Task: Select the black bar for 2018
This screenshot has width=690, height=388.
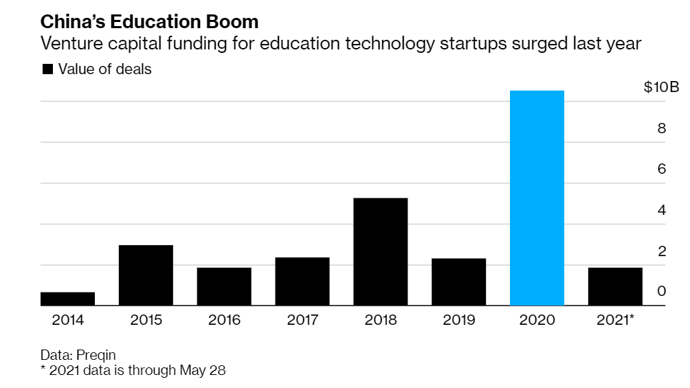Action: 380,251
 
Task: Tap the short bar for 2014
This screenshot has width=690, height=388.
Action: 67,299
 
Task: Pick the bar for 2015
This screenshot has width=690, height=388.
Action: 146,275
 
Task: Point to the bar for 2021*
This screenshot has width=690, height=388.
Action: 615,286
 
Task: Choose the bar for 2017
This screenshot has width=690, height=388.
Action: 302,281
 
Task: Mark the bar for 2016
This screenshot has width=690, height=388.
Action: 224,286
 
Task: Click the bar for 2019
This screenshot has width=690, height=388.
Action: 458,282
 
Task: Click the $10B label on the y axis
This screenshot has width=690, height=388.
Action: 660,87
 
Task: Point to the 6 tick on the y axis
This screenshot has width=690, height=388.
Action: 662,169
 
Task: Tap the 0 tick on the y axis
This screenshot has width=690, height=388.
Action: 662,291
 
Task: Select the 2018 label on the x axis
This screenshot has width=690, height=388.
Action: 380,319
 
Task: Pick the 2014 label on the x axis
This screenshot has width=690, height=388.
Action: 67,319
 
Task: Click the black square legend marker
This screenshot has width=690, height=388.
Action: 47,69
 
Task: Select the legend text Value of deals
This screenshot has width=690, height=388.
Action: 104,69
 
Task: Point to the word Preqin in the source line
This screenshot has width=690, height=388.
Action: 96,355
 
